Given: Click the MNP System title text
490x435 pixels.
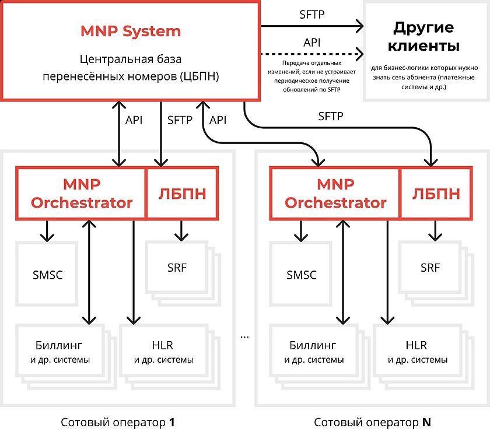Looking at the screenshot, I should tap(131, 31).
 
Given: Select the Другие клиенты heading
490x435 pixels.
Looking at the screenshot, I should tap(423, 36).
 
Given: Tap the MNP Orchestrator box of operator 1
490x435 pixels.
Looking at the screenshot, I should tap(81, 194).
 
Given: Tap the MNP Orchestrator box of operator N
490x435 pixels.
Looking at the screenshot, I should tap(335, 194).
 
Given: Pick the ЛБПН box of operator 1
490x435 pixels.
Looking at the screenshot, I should tap(183, 194).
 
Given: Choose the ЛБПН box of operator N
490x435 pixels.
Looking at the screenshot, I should tap(436, 194).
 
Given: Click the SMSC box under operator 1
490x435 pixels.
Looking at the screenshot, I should tap(46, 274).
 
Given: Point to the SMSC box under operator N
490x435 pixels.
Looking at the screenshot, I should tap(301, 274).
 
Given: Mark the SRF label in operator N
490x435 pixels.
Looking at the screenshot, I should tap(430, 268).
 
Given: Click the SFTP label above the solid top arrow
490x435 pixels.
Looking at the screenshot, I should tap(312, 15).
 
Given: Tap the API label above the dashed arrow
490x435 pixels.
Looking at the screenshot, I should tap(312, 43).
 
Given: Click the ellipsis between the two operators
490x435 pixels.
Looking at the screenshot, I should tap(244, 336).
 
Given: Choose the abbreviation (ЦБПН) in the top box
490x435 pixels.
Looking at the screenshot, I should tap(198, 76).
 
